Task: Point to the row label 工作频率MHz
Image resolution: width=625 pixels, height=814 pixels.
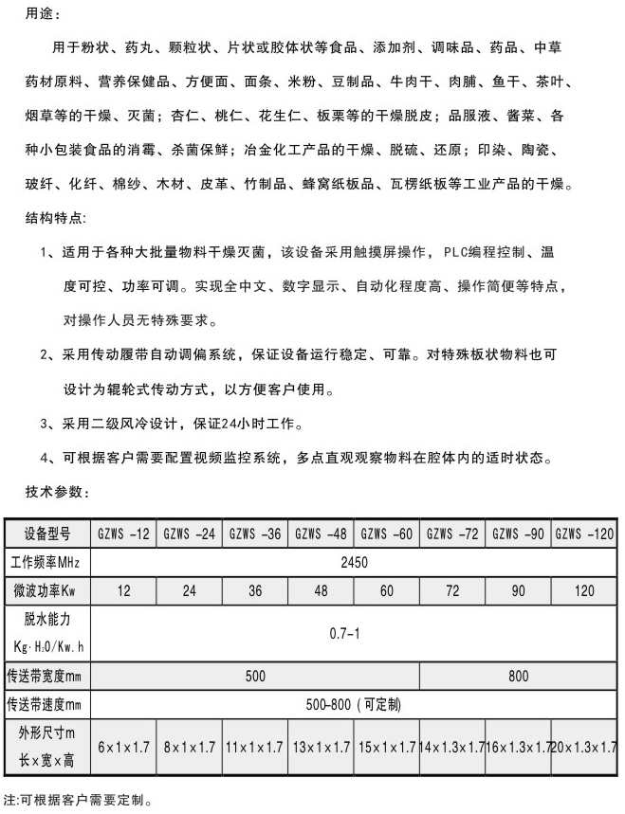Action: (x=46, y=562)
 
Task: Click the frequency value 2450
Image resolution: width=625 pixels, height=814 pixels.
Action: (x=355, y=562)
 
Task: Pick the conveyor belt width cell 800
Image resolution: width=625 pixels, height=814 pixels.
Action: (x=518, y=677)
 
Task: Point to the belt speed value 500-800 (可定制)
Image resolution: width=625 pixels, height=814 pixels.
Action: (x=353, y=705)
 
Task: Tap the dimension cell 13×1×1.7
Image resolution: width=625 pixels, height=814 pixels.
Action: (x=321, y=747)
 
